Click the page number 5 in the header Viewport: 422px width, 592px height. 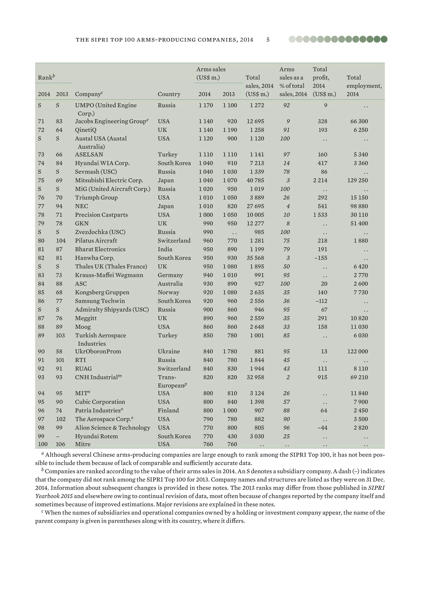[x=268, y=40]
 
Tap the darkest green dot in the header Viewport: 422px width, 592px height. [x=384, y=39]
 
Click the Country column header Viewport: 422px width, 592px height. [x=169, y=94]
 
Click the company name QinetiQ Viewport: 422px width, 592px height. [x=86, y=130]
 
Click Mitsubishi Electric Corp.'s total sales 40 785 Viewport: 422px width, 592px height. [x=255, y=180]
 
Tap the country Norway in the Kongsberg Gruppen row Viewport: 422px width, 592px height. [x=168, y=292]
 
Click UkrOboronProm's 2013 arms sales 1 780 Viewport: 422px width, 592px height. [x=230, y=352]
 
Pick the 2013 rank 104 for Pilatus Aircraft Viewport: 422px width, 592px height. [x=61, y=241]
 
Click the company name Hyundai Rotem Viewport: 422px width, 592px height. [x=96, y=436]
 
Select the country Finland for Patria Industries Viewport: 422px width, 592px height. [x=168, y=411]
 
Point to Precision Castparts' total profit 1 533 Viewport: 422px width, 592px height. [x=320, y=215]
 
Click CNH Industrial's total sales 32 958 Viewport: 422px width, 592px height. [x=255, y=377]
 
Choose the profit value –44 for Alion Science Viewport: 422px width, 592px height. [x=322, y=428]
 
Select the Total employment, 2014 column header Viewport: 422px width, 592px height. [x=364, y=86]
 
